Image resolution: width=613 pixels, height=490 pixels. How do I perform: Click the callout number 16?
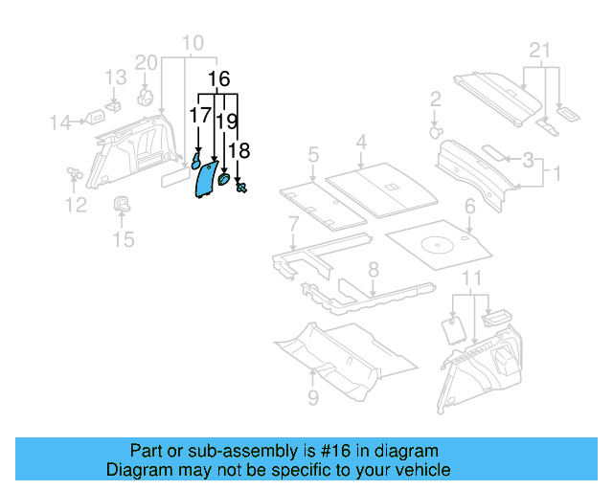[218, 79]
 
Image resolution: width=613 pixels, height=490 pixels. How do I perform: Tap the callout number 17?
[199, 116]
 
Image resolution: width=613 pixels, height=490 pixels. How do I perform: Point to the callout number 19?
[226, 122]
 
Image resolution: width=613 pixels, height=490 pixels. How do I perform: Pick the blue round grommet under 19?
[224, 178]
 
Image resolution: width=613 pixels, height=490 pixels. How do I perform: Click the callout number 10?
[193, 43]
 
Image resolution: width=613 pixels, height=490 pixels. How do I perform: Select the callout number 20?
[146, 63]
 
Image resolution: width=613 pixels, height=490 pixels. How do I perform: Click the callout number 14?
[59, 122]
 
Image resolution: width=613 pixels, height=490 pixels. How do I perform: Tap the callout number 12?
[75, 204]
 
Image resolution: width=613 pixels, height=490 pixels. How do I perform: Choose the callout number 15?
[124, 237]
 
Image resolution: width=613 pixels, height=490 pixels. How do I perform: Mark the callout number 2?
[435, 99]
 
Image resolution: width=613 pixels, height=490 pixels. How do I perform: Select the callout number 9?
[313, 397]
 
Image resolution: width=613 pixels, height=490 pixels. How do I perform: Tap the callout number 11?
[469, 278]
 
